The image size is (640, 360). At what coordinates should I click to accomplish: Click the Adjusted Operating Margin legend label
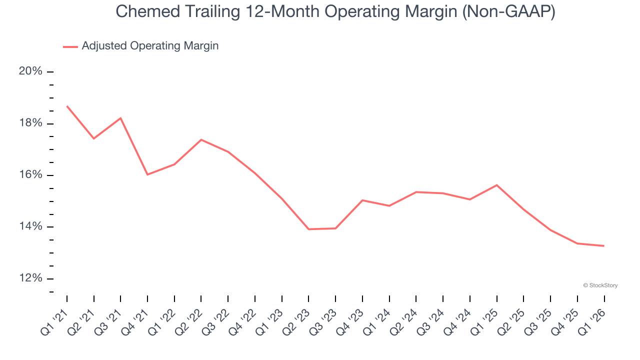click(150, 46)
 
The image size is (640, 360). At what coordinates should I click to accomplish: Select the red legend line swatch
click(70, 46)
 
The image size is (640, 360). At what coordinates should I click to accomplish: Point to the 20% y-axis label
click(30, 71)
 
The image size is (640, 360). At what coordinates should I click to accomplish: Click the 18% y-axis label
click(30, 123)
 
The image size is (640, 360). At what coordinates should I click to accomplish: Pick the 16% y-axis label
click(30, 175)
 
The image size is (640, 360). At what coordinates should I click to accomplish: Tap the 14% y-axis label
click(30, 226)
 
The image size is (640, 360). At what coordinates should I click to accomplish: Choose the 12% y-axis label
click(30, 278)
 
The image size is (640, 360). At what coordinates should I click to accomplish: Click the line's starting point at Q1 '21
click(67, 106)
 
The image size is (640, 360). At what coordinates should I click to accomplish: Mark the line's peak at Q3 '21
click(120, 118)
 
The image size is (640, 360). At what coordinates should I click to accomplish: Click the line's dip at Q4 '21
click(147, 174)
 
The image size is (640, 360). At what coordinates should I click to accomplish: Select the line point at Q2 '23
click(308, 229)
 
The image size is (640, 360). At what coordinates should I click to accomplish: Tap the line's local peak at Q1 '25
click(496, 185)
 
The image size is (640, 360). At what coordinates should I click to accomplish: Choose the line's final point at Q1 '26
click(604, 245)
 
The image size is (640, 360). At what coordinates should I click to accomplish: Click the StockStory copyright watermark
click(600, 285)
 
